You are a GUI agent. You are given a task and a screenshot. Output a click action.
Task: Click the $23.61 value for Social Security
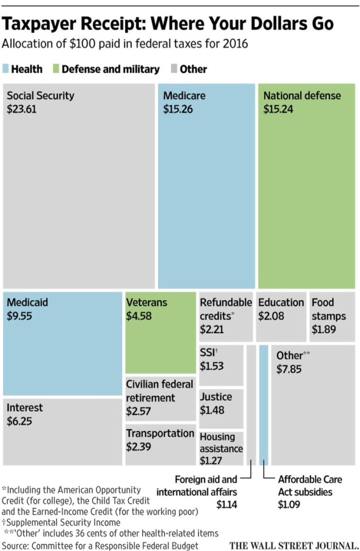(22, 109)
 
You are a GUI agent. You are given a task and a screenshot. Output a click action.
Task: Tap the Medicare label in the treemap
(184, 96)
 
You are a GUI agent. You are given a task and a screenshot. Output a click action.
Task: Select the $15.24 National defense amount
(278, 109)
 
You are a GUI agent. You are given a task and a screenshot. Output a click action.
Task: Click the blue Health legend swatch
(6, 69)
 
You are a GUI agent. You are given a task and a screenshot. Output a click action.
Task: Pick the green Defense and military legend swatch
(56, 69)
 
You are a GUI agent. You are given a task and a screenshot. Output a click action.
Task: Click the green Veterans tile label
(147, 302)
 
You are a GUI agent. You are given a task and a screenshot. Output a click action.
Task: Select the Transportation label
(160, 433)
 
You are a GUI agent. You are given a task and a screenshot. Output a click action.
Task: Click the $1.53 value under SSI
(211, 366)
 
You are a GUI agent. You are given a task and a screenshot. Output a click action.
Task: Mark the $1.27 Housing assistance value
(211, 461)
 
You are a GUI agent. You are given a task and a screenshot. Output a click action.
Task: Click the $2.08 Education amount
(271, 316)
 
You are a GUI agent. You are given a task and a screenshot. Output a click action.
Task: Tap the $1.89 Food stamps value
(324, 329)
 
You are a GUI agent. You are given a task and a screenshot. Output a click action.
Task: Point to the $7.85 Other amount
(289, 369)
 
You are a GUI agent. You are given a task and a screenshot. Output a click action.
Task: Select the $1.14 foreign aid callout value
(226, 504)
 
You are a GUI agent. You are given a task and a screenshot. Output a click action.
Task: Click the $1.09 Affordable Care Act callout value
(289, 504)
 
